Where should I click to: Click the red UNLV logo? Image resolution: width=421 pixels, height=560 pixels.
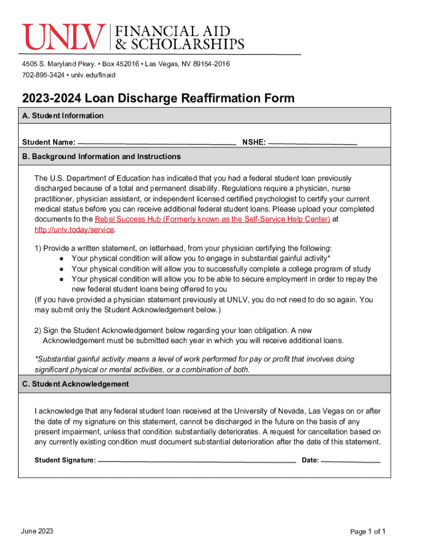point(64,37)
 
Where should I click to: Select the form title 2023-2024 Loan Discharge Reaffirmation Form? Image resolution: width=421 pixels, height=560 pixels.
point(158,98)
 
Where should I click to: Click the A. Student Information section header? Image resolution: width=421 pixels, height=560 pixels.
point(62,115)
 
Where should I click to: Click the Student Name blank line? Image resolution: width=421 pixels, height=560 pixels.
point(157,143)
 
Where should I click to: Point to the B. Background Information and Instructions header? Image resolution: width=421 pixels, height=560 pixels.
point(101,156)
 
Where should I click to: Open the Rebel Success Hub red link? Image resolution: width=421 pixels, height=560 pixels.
point(212,219)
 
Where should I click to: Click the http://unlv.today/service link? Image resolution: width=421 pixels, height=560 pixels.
point(74,230)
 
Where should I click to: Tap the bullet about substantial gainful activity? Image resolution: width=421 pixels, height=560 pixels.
point(201,259)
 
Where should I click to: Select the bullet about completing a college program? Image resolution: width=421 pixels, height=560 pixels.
point(221,269)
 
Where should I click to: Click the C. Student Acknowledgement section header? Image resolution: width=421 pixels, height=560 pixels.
point(75,384)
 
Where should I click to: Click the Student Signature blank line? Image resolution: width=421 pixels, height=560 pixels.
point(197,460)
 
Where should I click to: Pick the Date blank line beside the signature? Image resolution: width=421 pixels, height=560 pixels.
point(350,460)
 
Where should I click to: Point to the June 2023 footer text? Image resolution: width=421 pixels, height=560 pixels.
point(37,532)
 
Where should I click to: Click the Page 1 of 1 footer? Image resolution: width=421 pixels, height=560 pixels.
point(369,532)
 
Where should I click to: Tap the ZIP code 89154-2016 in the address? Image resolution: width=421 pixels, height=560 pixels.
point(208,64)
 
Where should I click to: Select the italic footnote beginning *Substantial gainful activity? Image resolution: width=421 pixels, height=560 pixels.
point(194,364)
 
